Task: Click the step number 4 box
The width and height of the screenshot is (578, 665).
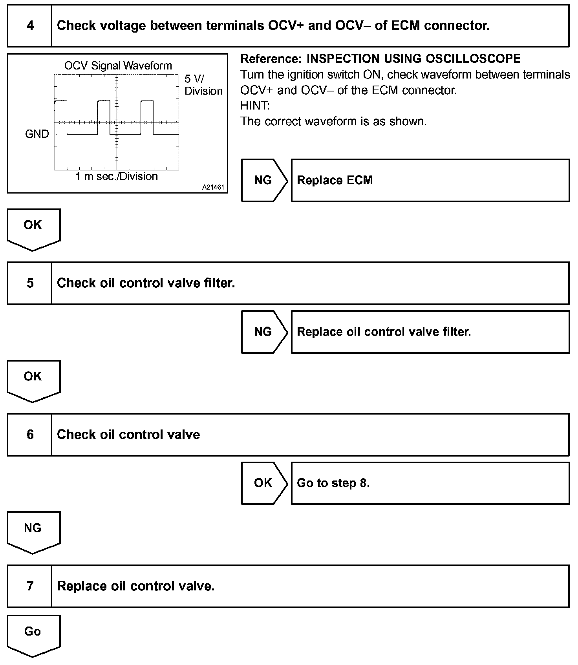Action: coord(30,26)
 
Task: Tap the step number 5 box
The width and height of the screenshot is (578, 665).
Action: coord(30,283)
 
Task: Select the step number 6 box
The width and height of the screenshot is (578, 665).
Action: coord(30,435)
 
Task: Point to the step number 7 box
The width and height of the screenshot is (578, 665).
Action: coord(30,586)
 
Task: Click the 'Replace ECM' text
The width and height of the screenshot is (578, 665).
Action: coord(335,180)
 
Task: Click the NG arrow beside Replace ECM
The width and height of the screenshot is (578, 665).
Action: coord(263,180)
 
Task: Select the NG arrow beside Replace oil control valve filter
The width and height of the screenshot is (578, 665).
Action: coord(263,332)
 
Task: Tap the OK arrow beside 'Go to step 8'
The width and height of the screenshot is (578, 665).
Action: coord(263,483)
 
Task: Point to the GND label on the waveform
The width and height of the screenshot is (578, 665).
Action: coord(37,134)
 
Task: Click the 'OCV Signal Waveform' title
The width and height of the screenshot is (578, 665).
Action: coord(118,66)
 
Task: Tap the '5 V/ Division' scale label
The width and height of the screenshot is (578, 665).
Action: coord(203,85)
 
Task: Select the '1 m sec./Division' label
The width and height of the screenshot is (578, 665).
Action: coord(117,177)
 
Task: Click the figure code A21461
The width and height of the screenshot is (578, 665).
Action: coord(213,188)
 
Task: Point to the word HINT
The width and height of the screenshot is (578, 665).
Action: coord(255,106)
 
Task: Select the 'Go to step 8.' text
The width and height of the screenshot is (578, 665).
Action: coord(333,483)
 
